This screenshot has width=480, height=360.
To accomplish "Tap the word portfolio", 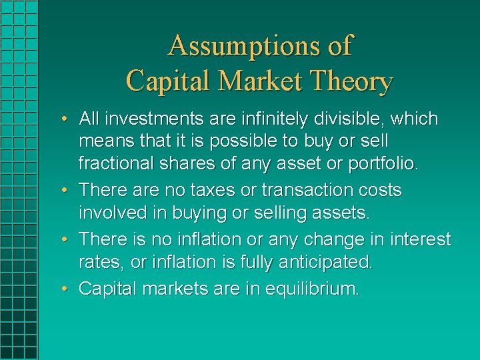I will (x=389, y=163).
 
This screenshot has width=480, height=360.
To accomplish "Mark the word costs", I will (x=378, y=191).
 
